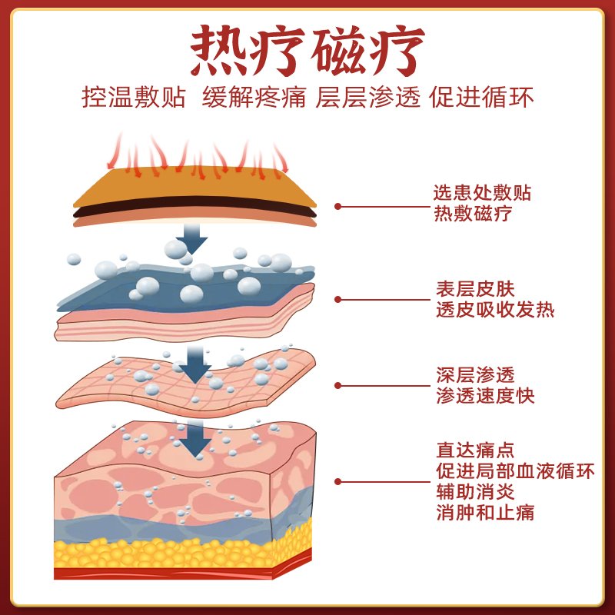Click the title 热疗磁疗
coord(308,50)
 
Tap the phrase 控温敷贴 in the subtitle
coord(133,98)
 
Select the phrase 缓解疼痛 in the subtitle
coord(254,98)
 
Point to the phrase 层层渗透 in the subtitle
coord(368,98)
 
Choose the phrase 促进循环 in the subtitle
coord(482,98)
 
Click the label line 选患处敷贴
coord(482,193)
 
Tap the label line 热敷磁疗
coord(473,214)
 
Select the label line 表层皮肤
coord(475,289)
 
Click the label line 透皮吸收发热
coord(495,310)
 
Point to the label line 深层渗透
coord(475,375)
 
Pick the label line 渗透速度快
coord(485,395)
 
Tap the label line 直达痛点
coord(475,450)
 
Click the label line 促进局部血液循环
coord(515,471)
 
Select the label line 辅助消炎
coord(475,492)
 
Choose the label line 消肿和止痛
coord(485,513)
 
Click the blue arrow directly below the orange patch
coord(191,239)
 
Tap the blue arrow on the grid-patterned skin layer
coord(195,364)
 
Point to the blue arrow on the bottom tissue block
coord(195,439)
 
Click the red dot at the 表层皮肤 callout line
coord(337,300)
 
